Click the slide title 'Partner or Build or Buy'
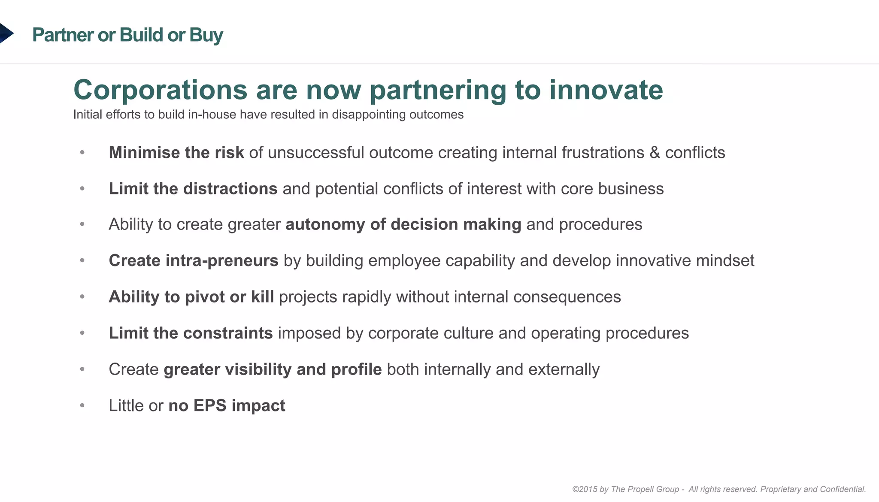[x=127, y=35]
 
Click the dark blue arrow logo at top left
[x=6, y=33]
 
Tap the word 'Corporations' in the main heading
[x=160, y=90]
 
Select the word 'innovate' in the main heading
[x=606, y=90]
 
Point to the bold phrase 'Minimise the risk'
[x=176, y=153]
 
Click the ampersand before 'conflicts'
[x=655, y=153]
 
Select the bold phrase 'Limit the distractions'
[x=193, y=189]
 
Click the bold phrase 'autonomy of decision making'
[x=403, y=224]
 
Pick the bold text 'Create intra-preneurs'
[x=193, y=261]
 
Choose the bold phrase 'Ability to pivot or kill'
[x=191, y=297]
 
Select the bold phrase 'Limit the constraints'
[x=191, y=333]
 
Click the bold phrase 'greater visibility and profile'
[x=273, y=369]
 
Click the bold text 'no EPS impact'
[x=227, y=405]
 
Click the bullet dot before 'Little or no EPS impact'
[x=82, y=405]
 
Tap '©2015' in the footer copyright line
[x=584, y=489]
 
